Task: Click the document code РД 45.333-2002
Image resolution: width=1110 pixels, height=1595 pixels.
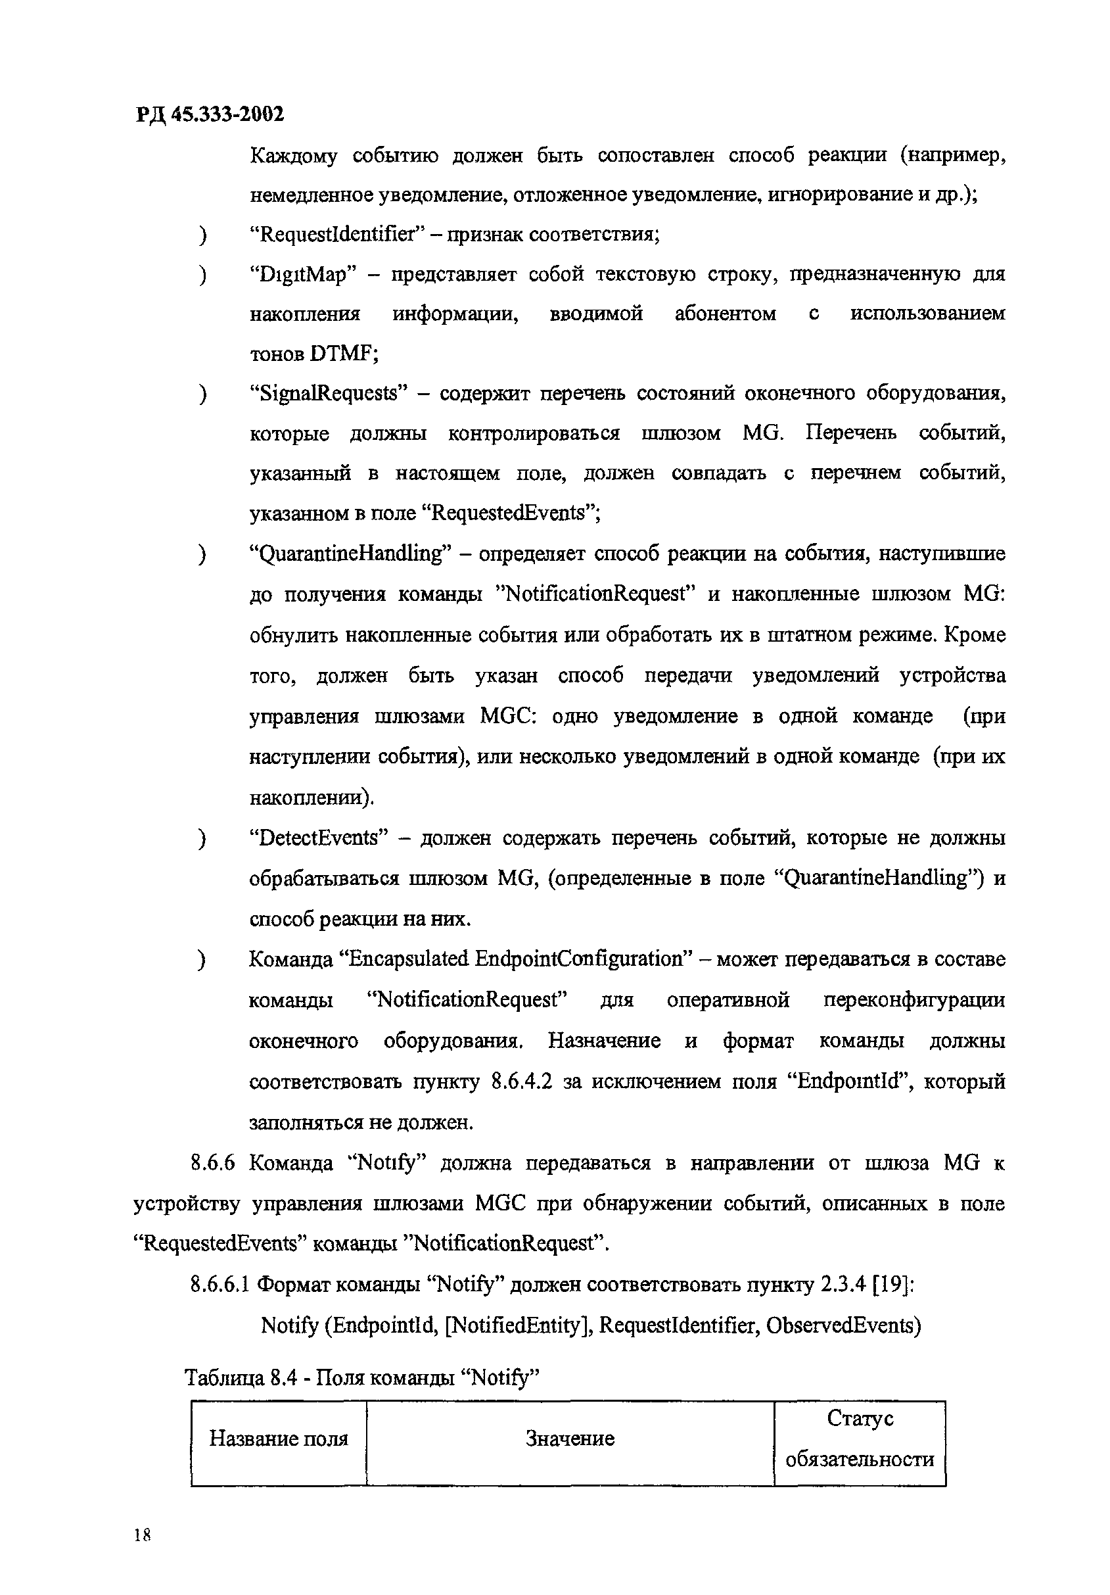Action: (x=209, y=114)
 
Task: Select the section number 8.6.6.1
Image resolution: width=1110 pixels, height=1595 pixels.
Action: (x=219, y=1285)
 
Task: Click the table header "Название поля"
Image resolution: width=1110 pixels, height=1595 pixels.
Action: (x=279, y=1438)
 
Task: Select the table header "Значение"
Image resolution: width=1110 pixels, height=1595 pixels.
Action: (x=570, y=1438)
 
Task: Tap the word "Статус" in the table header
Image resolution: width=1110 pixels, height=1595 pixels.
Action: (x=859, y=1419)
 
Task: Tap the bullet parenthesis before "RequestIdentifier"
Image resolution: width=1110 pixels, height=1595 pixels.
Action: (x=202, y=236)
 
